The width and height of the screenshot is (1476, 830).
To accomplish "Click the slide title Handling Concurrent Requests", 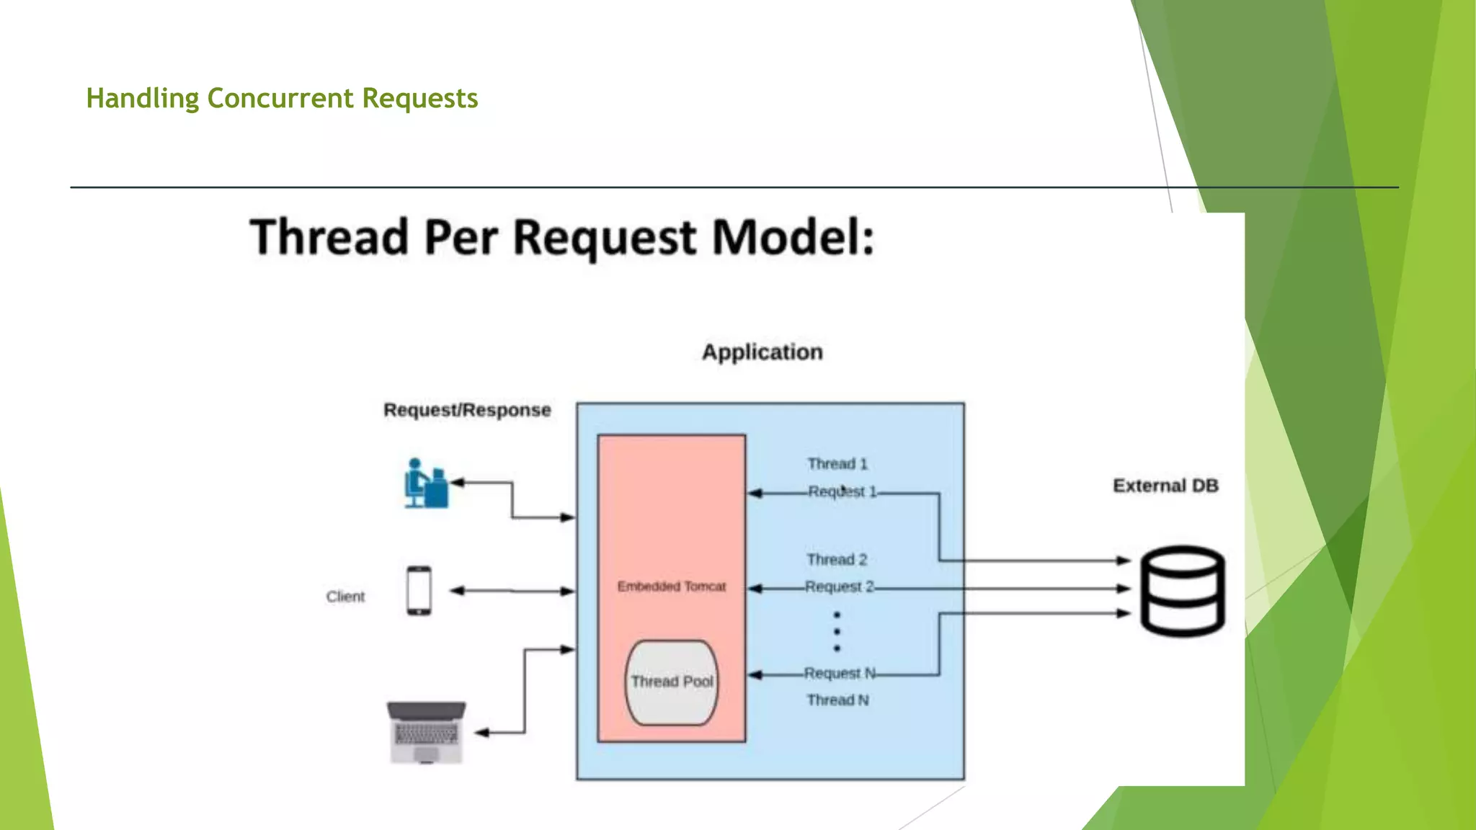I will tap(282, 98).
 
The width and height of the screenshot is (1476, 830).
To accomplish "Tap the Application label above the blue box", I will tap(763, 352).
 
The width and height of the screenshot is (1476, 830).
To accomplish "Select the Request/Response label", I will tap(467, 410).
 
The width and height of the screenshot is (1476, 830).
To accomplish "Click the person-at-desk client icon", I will tap(425, 483).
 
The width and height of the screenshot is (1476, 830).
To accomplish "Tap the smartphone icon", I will tap(419, 591).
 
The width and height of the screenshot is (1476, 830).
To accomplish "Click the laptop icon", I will tap(426, 732).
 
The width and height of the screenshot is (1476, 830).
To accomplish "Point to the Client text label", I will tap(345, 597).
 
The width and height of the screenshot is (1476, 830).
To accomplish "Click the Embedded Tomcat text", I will tap(671, 586).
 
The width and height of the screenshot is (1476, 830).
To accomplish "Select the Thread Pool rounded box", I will tap(672, 682).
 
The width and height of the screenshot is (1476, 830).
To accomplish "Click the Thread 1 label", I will tap(837, 464).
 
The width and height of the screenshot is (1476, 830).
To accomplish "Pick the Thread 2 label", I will tap(837, 560).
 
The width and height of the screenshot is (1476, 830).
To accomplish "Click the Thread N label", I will tap(837, 700).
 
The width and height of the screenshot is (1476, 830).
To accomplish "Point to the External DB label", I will tap(1165, 486).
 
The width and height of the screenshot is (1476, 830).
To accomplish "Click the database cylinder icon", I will tap(1182, 591).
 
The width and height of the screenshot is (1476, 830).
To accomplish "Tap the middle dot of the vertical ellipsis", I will tap(837, 632).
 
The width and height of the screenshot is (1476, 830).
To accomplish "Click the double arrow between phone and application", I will tap(512, 591).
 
